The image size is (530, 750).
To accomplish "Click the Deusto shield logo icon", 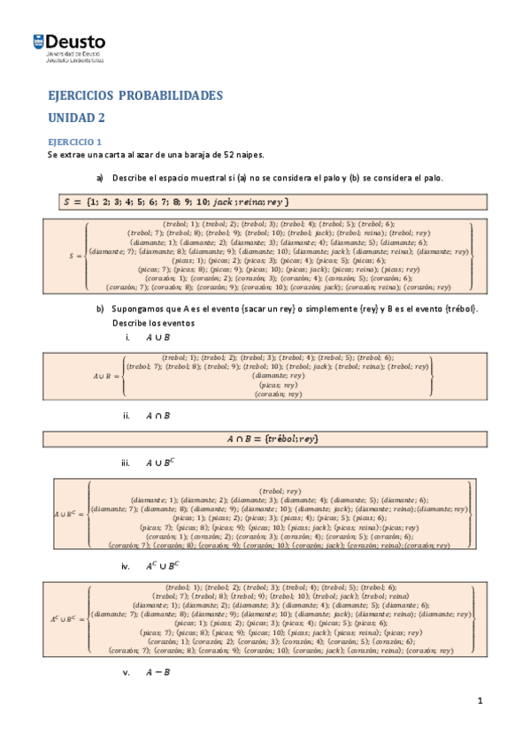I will (x=39, y=42).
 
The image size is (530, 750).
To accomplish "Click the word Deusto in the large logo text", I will (x=75, y=41).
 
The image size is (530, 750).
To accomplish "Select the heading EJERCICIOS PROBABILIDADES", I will (x=134, y=96).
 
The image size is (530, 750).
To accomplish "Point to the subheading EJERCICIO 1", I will (x=75, y=142).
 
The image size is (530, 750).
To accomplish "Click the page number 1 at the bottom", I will (x=480, y=701).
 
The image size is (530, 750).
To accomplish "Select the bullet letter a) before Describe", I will (x=100, y=178).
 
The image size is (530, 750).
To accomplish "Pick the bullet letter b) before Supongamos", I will (x=100, y=309).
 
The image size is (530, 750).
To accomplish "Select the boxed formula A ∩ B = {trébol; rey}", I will (x=272, y=439).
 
